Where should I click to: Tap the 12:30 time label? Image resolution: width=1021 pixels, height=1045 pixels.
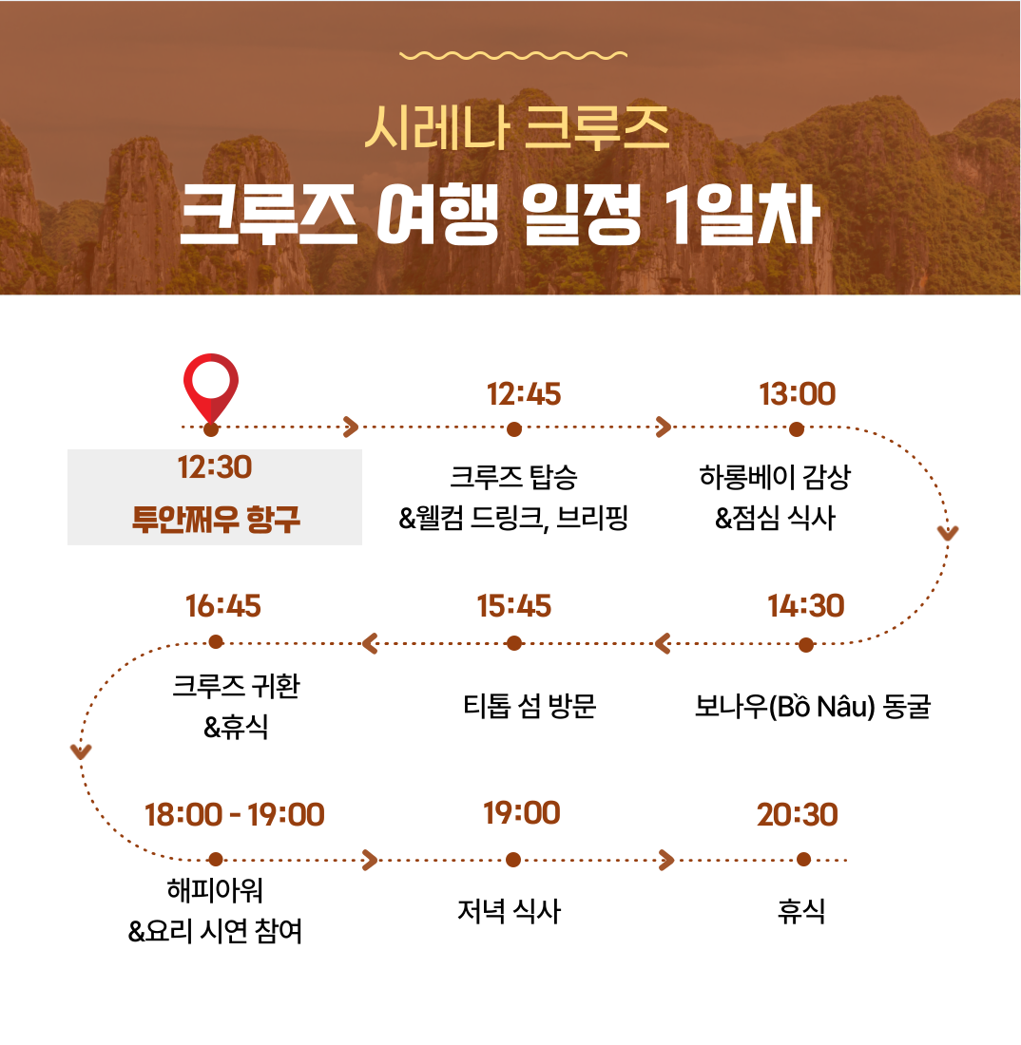pyautogui.click(x=215, y=467)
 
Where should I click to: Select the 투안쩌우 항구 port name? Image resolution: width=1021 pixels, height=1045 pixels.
pyautogui.click(x=216, y=519)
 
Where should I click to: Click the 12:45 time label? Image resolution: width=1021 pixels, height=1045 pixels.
pyautogui.click(x=524, y=394)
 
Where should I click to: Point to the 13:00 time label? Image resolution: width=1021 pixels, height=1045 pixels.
pyautogui.click(x=797, y=394)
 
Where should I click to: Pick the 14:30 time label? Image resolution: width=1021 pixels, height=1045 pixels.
pyautogui.click(x=805, y=606)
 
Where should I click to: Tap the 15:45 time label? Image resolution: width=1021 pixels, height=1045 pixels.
pyautogui.click(x=514, y=606)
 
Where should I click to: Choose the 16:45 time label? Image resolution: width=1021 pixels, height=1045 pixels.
pyautogui.click(x=222, y=606)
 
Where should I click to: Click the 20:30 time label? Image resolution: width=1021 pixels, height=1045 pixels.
pyautogui.click(x=797, y=814)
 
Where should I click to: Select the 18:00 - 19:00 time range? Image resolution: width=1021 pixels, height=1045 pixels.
pyautogui.click(x=235, y=814)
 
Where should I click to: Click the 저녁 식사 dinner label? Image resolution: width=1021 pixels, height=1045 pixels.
pyautogui.click(x=509, y=911)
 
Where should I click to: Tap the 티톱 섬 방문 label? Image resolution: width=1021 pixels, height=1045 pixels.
pyautogui.click(x=530, y=706)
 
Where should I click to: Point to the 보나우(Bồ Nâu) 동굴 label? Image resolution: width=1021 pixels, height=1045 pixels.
pyautogui.click(x=812, y=706)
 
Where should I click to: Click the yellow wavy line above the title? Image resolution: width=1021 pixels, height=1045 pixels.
pyautogui.click(x=512, y=55)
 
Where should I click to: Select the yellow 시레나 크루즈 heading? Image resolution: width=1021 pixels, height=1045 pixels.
pyautogui.click(x=517, y=127)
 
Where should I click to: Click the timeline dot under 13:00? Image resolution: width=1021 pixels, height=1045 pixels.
pyautogui.click(x=797, y=429)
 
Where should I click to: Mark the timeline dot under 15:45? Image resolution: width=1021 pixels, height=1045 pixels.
pyautogui.click(x=514, y=643)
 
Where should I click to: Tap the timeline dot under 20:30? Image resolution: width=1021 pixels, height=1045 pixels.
pyautogui.click(x=803, y=860)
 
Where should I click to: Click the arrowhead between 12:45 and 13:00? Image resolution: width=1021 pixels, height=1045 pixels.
pyautogui.click(x=664, y=427)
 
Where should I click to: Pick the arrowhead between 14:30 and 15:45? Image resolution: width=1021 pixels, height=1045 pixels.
pyautogui.click(x=663, y=644)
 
